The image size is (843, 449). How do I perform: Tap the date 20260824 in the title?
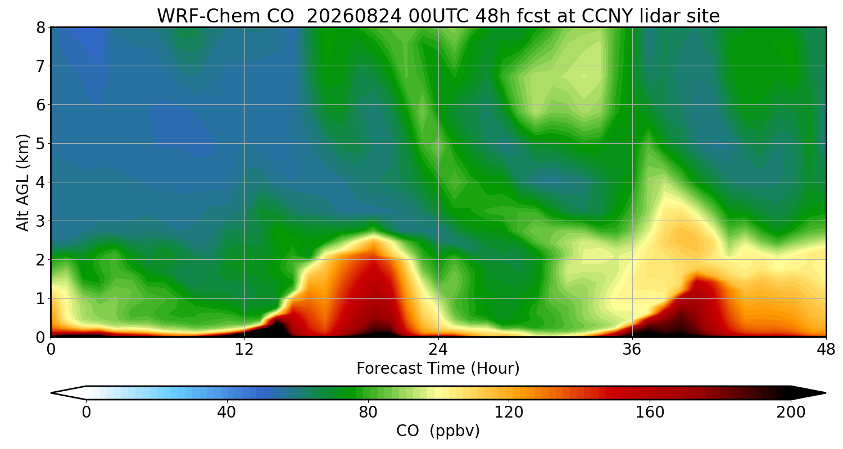[355, 16]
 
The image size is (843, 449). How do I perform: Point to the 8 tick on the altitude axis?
[40, 28]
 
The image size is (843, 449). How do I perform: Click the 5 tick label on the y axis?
[40, 144]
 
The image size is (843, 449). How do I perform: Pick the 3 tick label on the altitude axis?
[40, 221]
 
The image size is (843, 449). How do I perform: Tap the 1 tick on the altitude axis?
[40, 299]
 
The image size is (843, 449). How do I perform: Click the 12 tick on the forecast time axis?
[244, 350]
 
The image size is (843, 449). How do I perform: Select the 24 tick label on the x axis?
[438, 350]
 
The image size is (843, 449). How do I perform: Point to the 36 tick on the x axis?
[632, 350]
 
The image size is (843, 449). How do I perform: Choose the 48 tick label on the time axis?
[826, 350]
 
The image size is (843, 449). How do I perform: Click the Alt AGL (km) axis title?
[22, 182]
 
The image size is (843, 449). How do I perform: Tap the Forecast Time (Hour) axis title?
[438, 368]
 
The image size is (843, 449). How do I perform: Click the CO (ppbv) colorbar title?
[438, 430]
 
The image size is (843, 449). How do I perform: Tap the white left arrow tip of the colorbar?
[52, 393]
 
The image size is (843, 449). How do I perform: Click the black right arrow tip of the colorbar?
[825, 393]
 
